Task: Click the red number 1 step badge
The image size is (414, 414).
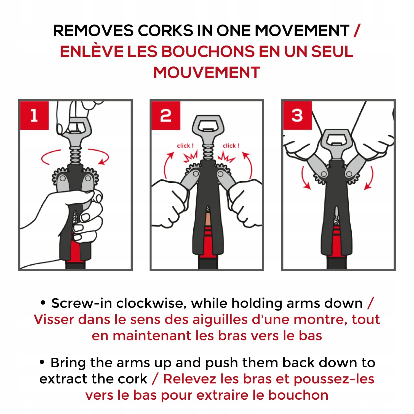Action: pos(34,115)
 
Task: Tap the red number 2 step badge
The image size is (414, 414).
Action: pos(166,115)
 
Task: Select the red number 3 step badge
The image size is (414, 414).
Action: pos(297,115)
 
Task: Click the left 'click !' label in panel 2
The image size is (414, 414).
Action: pos(185,145)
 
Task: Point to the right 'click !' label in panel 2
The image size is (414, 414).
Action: pos(231,145)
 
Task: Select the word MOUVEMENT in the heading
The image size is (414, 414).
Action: pos(207,73)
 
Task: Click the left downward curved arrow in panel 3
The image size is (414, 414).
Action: pos(304,178)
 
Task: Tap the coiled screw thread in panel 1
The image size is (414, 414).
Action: pos(75,155)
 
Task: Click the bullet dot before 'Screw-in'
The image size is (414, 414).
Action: pos(43,303)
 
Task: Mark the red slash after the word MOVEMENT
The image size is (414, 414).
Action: pos(357,30)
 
